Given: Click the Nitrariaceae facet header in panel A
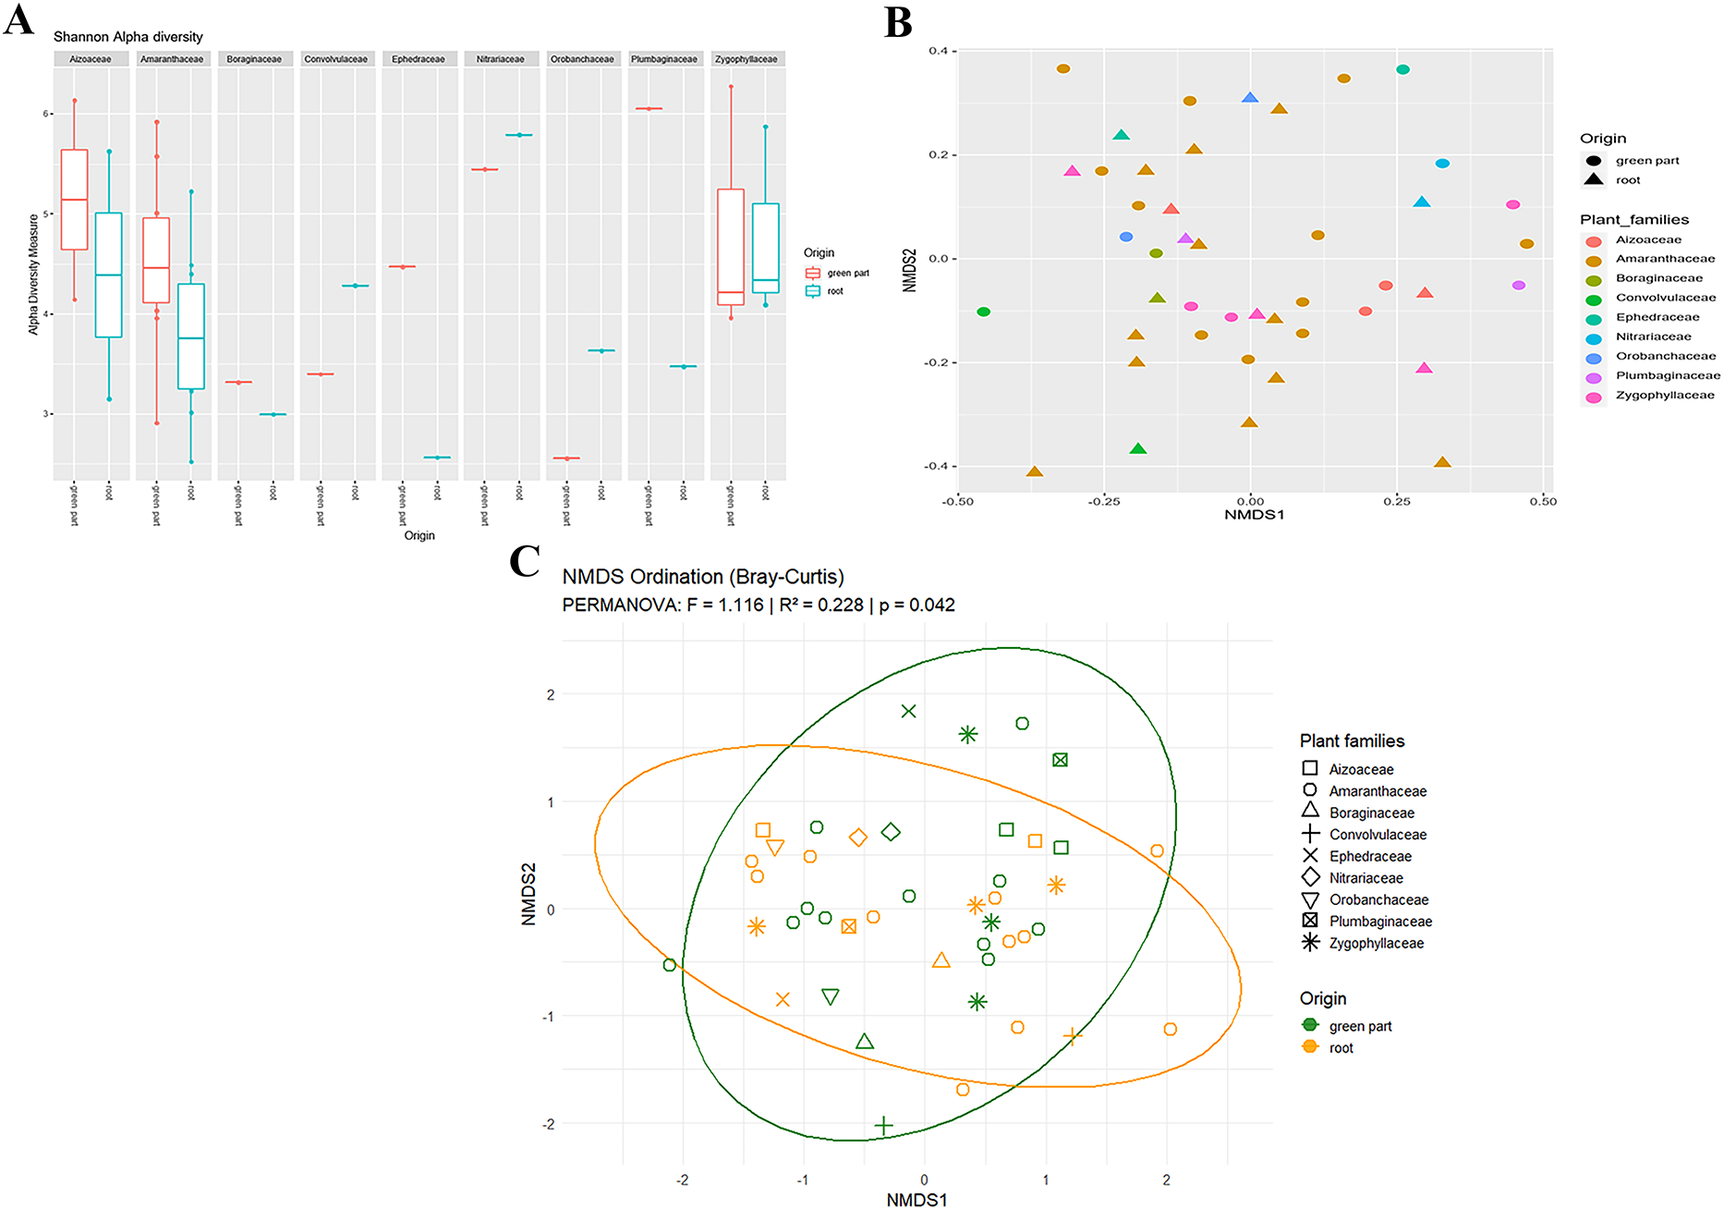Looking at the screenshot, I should click(x=500, y=59).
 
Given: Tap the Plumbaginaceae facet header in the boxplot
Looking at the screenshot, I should click(x=663, y=59).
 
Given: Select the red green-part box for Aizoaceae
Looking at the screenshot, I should click(x=74, y=199).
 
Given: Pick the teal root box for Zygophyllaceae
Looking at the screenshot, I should click(x=765, y=248).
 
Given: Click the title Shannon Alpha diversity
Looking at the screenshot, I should click(x=127, y=37).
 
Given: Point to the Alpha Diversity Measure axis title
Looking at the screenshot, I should click(x=34, y=274).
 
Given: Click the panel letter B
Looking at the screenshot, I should click(x=898, y=22).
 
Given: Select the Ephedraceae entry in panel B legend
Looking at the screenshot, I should click(x=1657, y=317).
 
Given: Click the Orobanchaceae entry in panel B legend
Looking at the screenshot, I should click(x=1665, y=356).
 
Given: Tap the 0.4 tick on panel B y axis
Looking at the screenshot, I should click(x=938, y=51).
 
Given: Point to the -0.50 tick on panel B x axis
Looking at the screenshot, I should click(x=958, y=501).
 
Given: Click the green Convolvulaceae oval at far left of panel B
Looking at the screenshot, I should click(x=984, y=312).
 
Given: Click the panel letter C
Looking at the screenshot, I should click(x=525, y=561).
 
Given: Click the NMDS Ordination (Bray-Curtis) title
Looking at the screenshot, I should click(x=703, y=577).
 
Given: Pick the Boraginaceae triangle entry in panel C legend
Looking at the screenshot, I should click(x=1371, y=813).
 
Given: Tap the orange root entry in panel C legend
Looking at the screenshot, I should click(x=1341, y=1047).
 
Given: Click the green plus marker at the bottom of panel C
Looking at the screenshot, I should click(x=884, y=1126).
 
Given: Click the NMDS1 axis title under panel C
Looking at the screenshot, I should click(x=917, y=1200).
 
